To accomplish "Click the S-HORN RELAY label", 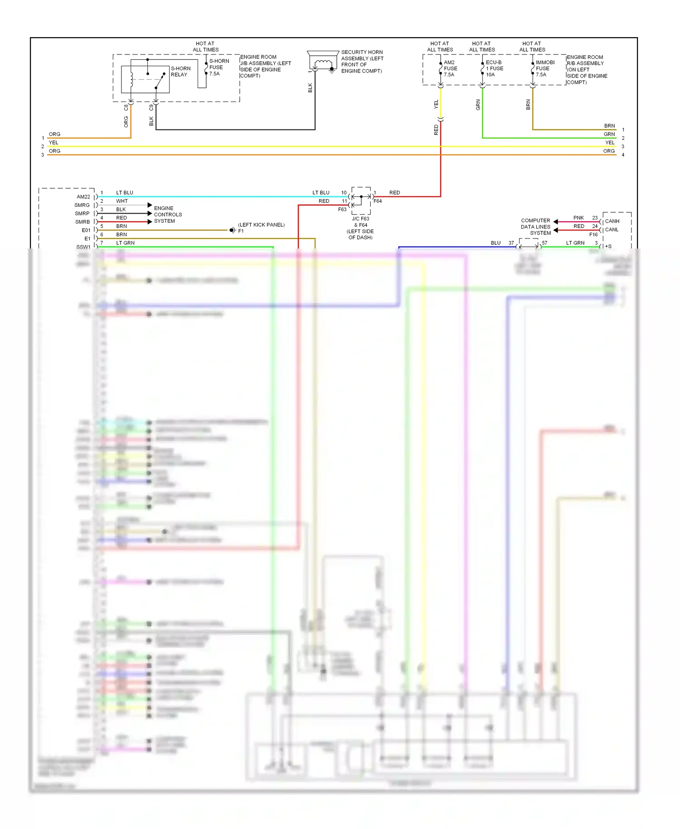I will pos(180,72).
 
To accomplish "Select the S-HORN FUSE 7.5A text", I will pos(219,67).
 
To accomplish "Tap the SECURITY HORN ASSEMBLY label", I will pos(362,61).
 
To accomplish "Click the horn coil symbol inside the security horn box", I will pos(323,63).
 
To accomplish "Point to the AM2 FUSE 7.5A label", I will pos(450,68).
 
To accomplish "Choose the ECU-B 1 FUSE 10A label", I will pos(494,68).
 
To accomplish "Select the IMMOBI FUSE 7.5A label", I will pos(544,68).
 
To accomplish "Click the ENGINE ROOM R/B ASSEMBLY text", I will pos(587,70).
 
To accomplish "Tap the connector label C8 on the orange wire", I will pos(126,107).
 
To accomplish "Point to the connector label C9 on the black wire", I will pos(151,107).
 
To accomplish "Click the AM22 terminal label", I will pos(83,197).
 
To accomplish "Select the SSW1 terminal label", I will pos(83,247).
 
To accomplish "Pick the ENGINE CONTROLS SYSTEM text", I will pos(167,215).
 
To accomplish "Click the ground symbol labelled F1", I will pos(232,230).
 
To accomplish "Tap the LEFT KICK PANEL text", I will pos(262,224).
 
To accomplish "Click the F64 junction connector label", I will pos(378,201).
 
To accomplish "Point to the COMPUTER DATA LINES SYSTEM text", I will pos(535,227).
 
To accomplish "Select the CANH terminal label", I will pos(612,221).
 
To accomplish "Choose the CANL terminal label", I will pos(612,229).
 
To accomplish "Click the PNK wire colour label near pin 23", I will pos(578,218).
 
